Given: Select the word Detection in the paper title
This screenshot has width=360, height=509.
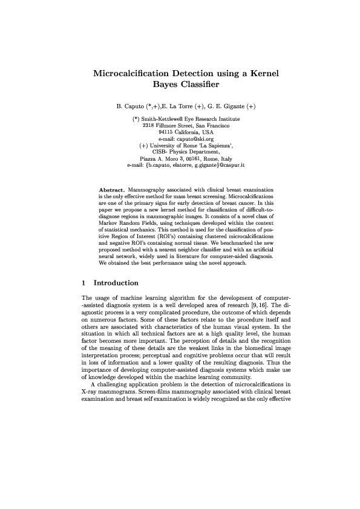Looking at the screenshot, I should [x=189, y=74].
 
